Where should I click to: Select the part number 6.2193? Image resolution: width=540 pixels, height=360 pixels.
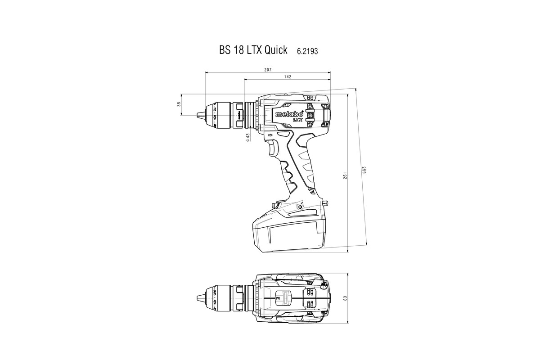(x=307, y=51)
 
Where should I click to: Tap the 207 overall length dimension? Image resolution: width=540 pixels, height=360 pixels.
(x=268, y=69)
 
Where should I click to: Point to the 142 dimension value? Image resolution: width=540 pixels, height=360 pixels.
(x=288, y=77)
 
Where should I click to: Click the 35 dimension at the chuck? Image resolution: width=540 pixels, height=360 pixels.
(x=179, y=104)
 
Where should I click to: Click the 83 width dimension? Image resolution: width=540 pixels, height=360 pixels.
(x=345, y=298)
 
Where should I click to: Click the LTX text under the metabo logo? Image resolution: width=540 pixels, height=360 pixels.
(x=297, y=120)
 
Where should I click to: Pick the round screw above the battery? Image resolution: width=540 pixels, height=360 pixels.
(x=301, y=207)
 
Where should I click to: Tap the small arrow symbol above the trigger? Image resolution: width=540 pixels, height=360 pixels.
(x=270, y=135)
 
